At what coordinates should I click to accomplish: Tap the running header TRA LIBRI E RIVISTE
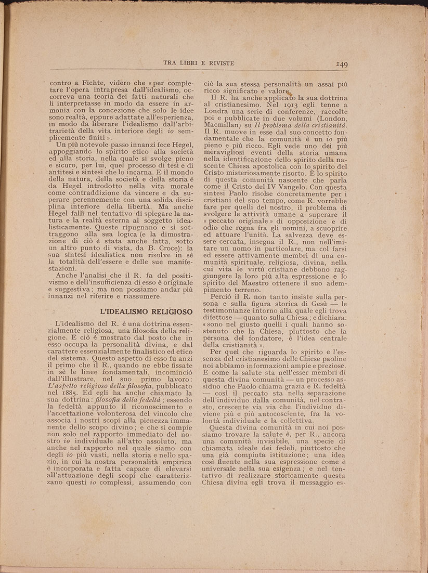pyautogui.click(x=199, y=63)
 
